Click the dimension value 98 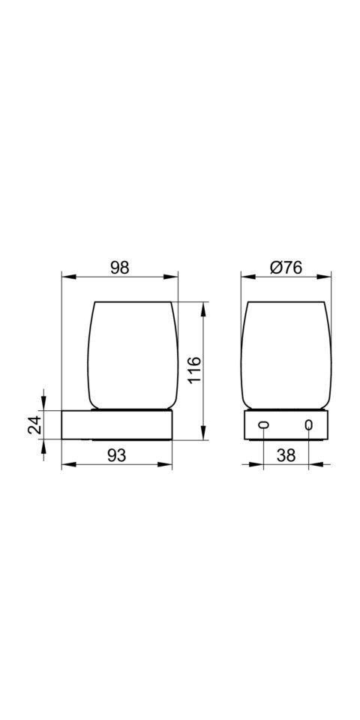coord(120,268)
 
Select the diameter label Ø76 coord(286,268)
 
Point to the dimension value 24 coord(35,424)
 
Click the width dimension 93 coord(117,455)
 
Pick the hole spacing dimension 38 coord(286,455)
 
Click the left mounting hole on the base coord(263,425)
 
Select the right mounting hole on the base coord(308,425)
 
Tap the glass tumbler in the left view coord(132,355)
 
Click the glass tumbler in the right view coord(286,355)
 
